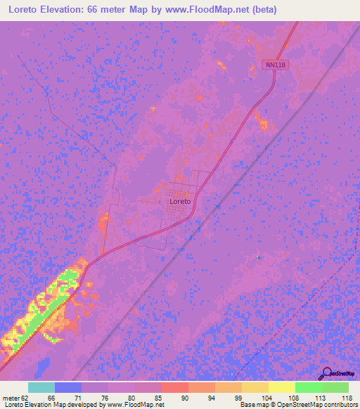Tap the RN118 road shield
pos(276,65)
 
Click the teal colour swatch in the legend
pos(41,387)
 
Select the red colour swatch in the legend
pos(175,387)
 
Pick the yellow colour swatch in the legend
pos(282,387)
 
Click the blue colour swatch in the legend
pos(68,387)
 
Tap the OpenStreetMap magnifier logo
pos(325,373)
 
